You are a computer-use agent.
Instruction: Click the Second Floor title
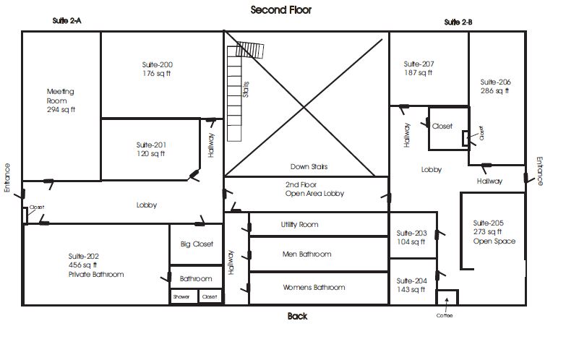pos(281,10)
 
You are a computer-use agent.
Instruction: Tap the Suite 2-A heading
pos(67,21)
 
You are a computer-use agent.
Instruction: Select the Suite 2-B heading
pos(458,22)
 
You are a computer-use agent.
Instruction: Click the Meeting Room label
pos(60,96)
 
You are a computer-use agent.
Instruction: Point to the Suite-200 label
pos(158,64)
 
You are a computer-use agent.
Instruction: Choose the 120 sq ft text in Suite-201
pos(151,153)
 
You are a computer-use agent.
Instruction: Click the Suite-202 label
pos(83,256)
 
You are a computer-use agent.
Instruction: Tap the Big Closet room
pos(196,244)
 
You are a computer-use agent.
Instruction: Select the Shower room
pos(184,296)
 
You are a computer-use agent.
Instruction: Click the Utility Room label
pos(299,225)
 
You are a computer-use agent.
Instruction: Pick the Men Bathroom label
pos(307,254)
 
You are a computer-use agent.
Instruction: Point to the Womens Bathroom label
pos(314,287)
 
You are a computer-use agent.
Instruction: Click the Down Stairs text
pos(309,166)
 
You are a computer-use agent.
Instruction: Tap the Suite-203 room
pos(413,235)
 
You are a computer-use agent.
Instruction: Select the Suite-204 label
pos(412,281)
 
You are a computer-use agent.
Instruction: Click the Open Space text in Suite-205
pos(494,241)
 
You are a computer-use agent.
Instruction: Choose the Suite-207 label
pos(419,64)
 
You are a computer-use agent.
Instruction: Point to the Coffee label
pos(445,316)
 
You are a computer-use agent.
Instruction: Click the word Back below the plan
pos(297,316)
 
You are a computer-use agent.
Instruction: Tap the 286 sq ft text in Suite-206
pos(495,91)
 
